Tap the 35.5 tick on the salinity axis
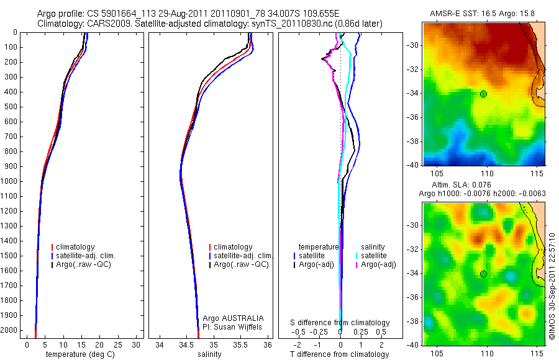pos(240,344)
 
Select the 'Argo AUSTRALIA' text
pos(234,318)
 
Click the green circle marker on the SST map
pos(483,94)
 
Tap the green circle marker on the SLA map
pos(483,274)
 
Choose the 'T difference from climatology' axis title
pos(339,354)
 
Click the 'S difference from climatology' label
pos(340,323)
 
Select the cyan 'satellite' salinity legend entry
pos(375,256)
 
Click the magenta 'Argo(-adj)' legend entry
pos(378,265)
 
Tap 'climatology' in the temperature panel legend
pos(80,247)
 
